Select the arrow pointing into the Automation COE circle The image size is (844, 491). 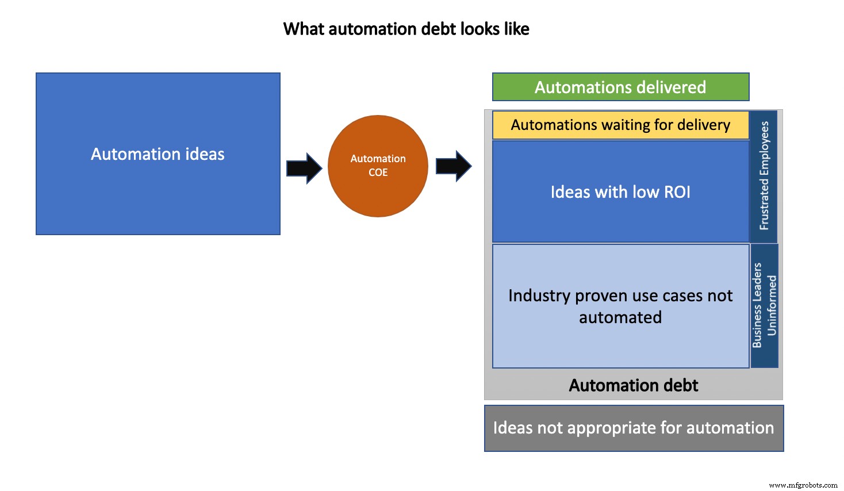coord(304,168)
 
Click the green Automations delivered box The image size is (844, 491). coord(620,87)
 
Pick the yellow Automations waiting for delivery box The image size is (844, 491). coord(620,125)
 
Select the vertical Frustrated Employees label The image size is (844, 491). coord(764,176)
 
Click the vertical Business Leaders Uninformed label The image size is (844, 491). coord(764,305)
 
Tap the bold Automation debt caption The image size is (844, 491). coord(633,385)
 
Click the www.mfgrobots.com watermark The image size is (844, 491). coord(803,485)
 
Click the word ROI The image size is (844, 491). coord(677,192)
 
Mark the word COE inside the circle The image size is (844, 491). coord(378,172)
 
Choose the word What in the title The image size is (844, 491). coord(300,29)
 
